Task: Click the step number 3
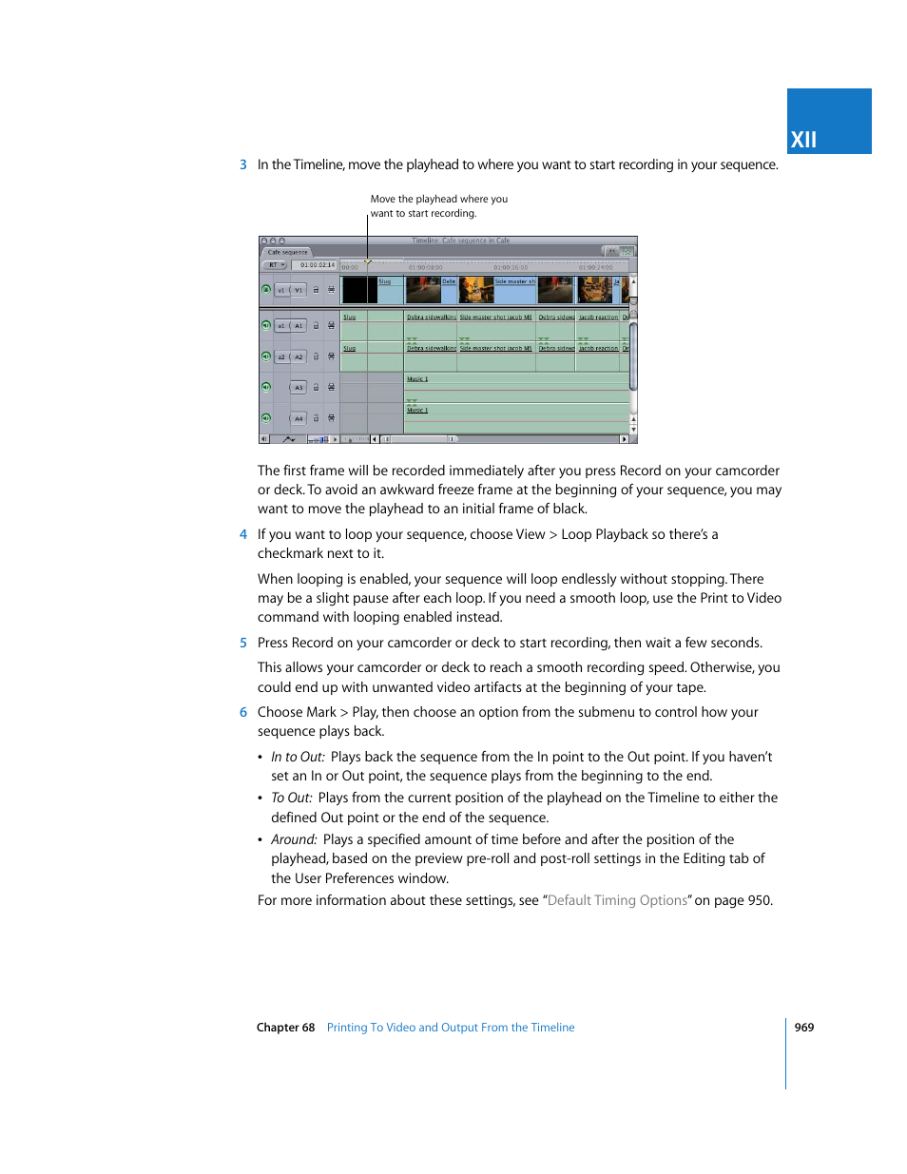tap(243, 165)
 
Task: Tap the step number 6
tap(243, 713)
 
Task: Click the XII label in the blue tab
tap(803, 140)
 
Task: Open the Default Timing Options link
tap(617, 901)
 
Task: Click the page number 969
tap(804, 1028)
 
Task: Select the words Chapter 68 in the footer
tap(285, 1028)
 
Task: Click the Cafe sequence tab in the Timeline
tap(287, 253)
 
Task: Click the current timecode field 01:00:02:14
tap(317, 265)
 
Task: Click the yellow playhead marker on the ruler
tap(368, 261)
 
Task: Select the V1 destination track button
tap(299, 290)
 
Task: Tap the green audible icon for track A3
tap(266, 387)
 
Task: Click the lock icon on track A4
tap(317, 418)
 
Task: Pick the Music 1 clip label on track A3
tap(417, 379)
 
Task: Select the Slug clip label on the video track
tap(384, 281)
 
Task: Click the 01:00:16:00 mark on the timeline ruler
tap(511, 267)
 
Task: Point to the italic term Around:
tap(294, 840)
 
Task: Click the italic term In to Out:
tap(298, 758)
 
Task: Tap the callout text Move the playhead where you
tap(438, 200)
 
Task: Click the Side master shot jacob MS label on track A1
tap(495, 318)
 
